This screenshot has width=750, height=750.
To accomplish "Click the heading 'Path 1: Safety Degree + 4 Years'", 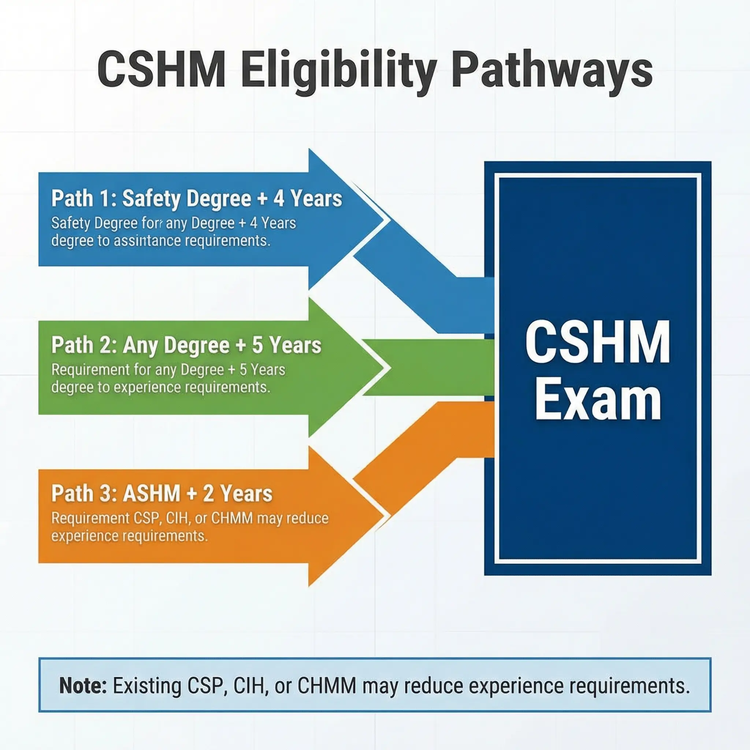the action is (196, 198).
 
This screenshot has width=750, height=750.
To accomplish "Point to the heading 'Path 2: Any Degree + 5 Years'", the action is (186, 345).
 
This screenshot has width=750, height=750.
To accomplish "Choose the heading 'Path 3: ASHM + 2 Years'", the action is (162, 493).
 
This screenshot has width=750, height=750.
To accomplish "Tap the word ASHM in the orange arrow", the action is (152, 493).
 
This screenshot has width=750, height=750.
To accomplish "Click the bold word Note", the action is (83, 686).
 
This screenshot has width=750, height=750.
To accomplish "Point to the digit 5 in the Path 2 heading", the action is (258, 345).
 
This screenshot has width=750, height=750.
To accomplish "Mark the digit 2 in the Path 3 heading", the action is (209, 493).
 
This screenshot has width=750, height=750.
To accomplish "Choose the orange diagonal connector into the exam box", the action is (423, 462).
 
